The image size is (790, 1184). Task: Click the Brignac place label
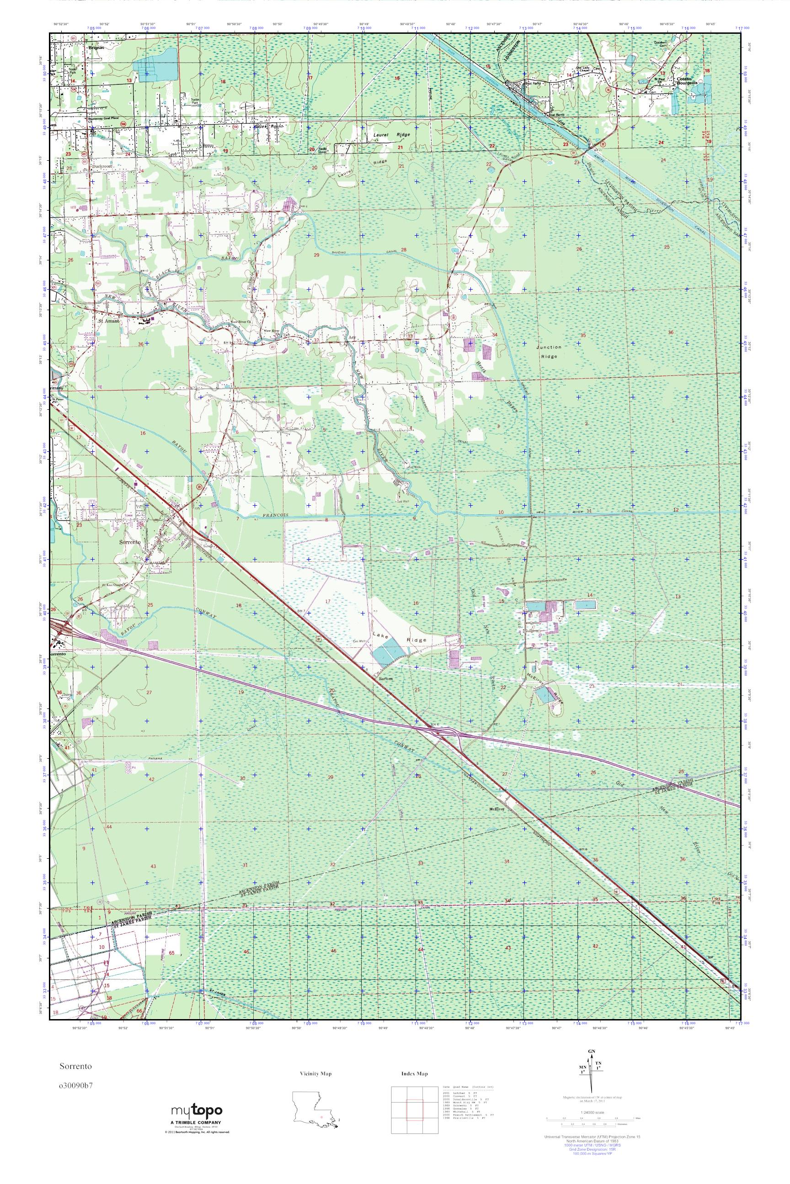click(x=95, y=48)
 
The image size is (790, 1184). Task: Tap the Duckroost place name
click(x=102, y=165)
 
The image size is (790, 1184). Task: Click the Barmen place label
click(x=385, y=678)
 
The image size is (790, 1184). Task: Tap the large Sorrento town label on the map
click(x=129, y=543)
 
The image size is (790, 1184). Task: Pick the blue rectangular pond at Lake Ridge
click(x=389, y=653)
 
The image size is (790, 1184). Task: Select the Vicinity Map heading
click(x=315, y=1074)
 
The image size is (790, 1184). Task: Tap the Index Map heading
click(x=415, y=1074)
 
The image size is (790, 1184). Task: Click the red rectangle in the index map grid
click(x=414, y=1107)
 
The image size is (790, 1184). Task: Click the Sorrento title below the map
click(x=75, y=1066)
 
